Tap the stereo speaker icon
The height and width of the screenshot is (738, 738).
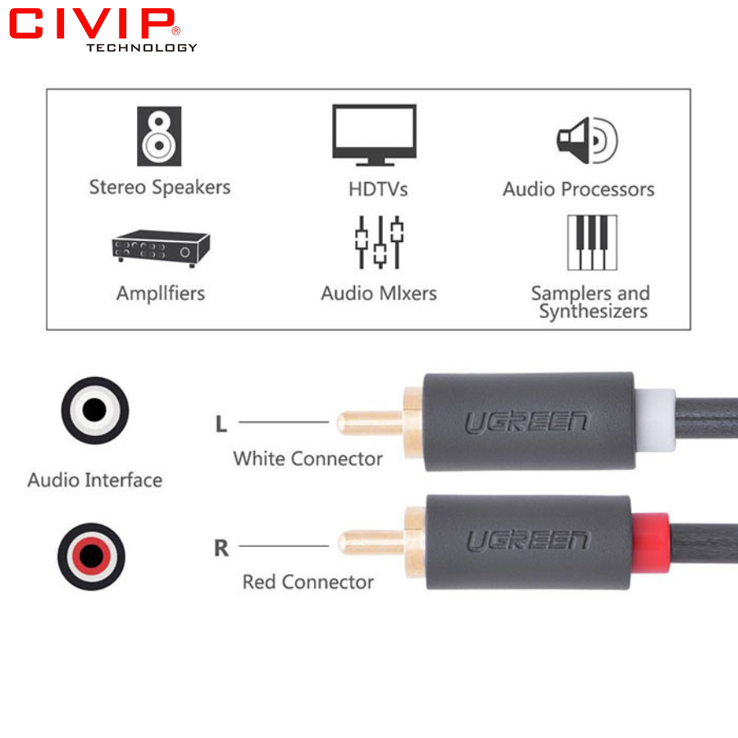point(159,136)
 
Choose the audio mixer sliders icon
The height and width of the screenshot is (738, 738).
point(379,243)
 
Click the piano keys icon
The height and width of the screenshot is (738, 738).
point(592,243)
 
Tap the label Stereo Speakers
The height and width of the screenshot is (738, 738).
point(160,188)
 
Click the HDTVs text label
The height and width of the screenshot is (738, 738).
point(378,189)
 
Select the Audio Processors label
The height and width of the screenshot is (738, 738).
point(579,189)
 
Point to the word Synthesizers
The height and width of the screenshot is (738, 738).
point(593,312)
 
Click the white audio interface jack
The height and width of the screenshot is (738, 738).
point(94,410)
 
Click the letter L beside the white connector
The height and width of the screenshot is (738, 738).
point(221,424)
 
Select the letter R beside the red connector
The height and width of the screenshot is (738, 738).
point(221,548)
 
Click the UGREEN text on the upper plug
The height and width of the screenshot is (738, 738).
point(527,422)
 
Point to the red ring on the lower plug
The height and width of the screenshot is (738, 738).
point(649,540)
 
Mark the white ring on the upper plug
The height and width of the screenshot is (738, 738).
point(654,420)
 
